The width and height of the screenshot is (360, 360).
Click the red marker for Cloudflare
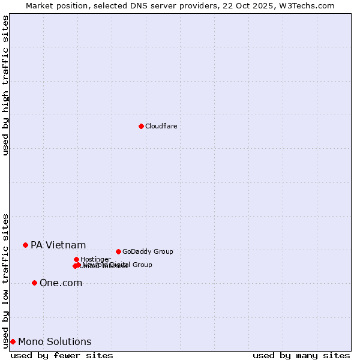(141, 126)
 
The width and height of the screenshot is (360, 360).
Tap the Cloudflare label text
(161, 126)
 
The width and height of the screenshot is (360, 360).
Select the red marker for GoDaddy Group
(118, 251)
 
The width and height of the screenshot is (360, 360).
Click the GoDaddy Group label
(148, 251)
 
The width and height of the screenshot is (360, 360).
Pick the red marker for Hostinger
(76, 259)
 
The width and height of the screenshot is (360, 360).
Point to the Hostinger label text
(95, 259)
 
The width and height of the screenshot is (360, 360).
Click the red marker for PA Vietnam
(25, 245)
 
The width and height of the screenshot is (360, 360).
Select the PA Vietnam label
(58, 245)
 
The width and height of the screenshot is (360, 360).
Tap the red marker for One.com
(34, 283)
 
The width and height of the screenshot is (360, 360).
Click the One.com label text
(61, 283)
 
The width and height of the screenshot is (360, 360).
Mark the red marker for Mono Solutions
(13, 341)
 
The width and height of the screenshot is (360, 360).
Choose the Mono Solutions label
(55, 341)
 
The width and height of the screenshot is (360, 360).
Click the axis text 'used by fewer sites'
(62, 355)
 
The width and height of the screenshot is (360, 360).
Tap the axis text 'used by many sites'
(301, 355)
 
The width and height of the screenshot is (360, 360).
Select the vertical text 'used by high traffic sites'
(5, 85)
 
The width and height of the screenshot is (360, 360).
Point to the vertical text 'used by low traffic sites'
(5, 280)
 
